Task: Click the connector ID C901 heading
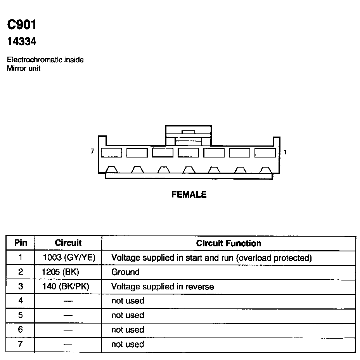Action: (22, 25)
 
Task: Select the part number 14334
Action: (22, 42)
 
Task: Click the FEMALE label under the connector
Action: (189, 195)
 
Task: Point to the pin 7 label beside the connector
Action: (92, 152)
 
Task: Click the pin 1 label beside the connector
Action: (285, 152)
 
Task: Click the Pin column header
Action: (21, 243)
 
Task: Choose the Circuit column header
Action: (68, 243)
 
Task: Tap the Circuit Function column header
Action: (228, 244)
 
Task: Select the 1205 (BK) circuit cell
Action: (60, 272)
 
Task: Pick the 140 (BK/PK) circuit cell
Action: (66, 287)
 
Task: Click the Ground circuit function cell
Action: (125, 272)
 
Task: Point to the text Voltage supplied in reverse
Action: (163, 287)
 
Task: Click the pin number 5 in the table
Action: (21, 315)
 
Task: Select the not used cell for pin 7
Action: (128, 344)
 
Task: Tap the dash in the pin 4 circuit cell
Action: (68, 301)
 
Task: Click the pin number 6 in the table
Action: (21, 330)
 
